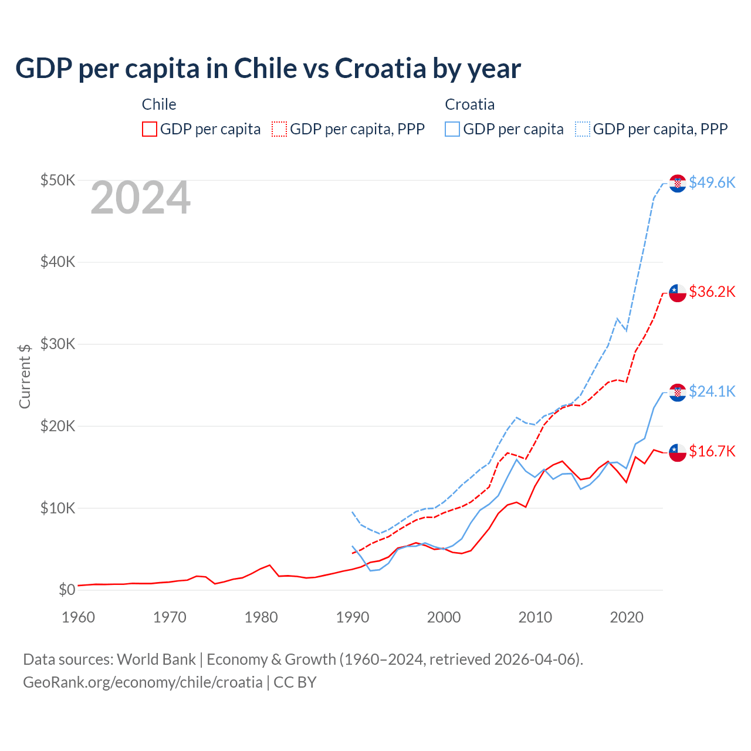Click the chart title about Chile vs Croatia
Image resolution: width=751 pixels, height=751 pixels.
click(268, 69)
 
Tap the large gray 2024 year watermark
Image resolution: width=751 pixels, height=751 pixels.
click(140, 198)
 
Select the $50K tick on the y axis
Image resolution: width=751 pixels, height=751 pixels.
click(57, 180)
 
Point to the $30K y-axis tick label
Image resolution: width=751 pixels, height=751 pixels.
click(57, 344)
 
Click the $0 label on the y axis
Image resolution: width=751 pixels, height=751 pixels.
click(67, 590)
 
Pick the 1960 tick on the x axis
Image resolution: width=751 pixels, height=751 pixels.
click(78, 617)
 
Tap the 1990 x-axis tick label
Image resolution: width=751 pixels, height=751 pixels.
click(353, 617)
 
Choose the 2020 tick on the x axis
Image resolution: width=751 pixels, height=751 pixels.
click(627, 617)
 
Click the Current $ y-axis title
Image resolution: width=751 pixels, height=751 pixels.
click(25, 376)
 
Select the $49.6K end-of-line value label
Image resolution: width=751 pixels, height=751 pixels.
click(712, 182)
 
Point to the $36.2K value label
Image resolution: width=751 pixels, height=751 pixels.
click(712, 292)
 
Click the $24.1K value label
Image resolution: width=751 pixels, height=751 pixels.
click(712, 391)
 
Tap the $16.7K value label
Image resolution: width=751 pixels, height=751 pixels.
click(712, 451)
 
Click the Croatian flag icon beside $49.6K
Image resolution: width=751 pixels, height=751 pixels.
click(678, 183)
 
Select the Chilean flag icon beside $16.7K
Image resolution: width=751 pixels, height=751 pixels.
click(678, 452)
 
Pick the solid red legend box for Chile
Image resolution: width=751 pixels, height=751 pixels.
click(150, 129)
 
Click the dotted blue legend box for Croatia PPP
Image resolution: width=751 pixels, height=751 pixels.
click(583, 129)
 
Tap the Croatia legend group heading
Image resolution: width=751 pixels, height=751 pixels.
click(469, 104)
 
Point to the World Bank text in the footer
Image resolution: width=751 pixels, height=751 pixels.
click(156, 659)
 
